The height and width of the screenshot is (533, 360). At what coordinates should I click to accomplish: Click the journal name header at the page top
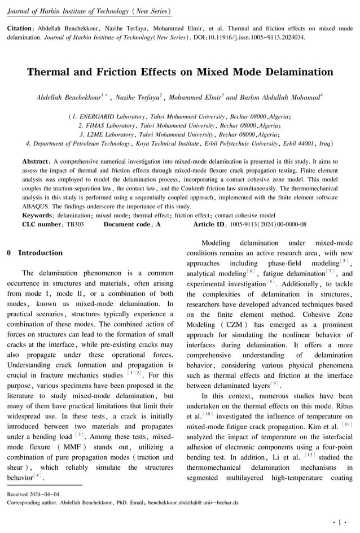click(x=89, y=11)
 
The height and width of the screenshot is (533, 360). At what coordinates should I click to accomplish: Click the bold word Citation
click(x=19, y=28)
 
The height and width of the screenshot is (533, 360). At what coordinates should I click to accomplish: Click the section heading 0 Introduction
click(x=34, y=253)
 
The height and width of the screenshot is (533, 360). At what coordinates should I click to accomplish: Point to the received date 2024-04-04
click(x=46, y=493)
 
